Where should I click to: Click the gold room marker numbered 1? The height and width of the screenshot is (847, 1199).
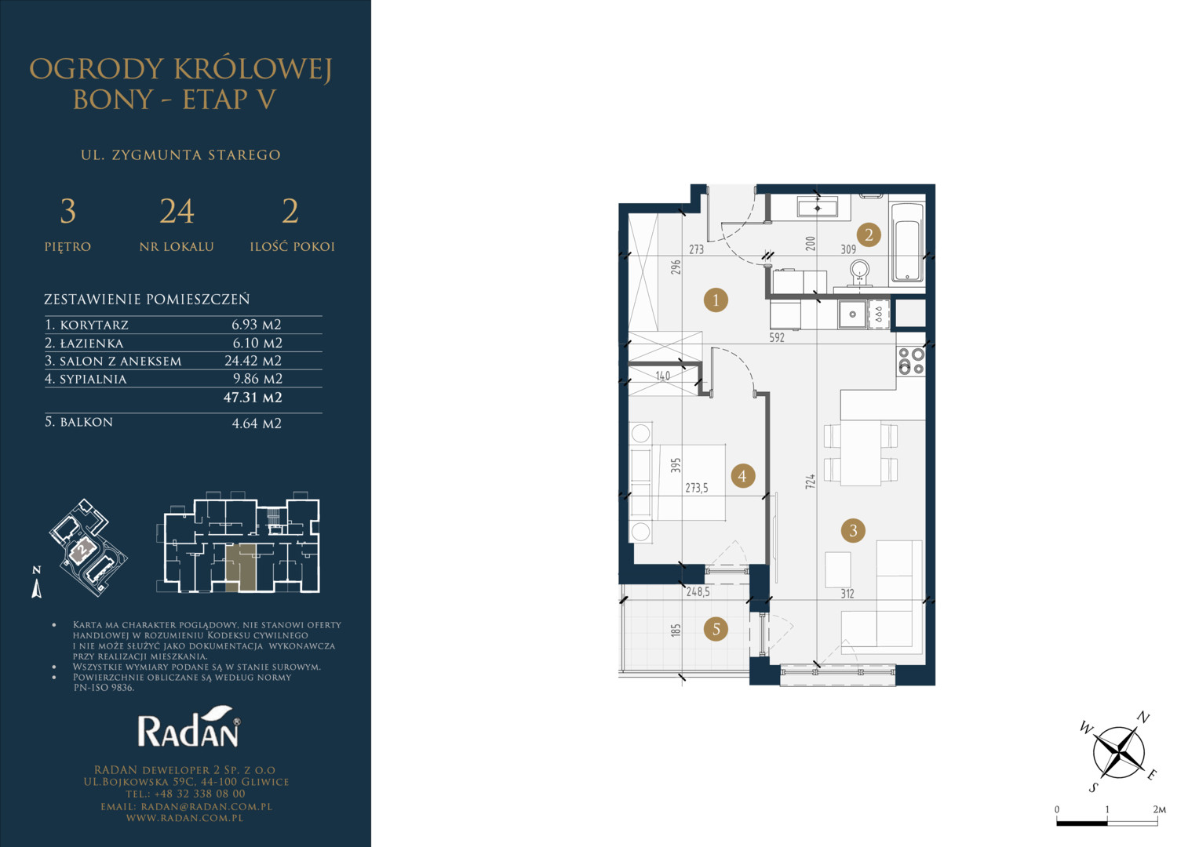tap(716, 300)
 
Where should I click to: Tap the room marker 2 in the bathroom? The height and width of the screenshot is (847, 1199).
tap(869, 234)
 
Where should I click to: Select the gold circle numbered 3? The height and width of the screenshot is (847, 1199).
tap(853, 530)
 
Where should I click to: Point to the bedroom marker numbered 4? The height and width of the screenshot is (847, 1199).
tap(742, 476)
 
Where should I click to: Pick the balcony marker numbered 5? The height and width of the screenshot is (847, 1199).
tap(716, 629)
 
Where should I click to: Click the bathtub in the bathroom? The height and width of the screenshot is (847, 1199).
tap(907, 242)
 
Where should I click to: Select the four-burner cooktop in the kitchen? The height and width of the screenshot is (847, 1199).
tap(911, 361)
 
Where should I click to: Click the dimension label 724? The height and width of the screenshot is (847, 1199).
tap(811, 481)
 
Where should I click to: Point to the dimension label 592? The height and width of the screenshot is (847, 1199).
tap(777, 337)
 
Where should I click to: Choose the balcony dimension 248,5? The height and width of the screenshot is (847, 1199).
tap(698, 592)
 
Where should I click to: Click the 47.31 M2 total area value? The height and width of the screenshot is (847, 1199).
tap(253, 398)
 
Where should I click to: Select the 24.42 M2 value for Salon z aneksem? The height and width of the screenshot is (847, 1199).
tap(253, 361)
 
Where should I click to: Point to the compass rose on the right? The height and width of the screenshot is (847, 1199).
tap(1118, 752)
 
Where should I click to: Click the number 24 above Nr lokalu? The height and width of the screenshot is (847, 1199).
tap(177, 211)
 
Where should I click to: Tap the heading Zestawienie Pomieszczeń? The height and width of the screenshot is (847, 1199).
tap(147, 299)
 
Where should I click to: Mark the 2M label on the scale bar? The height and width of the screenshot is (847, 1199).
tap(1160, 809)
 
